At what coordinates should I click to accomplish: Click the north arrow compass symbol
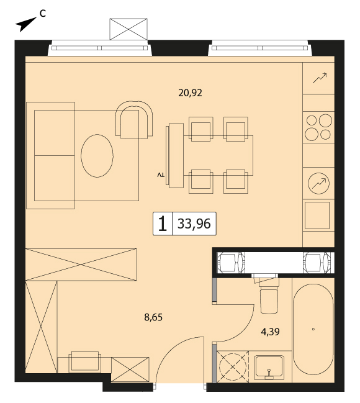pos(25,24)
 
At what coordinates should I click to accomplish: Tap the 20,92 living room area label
pos(190,93)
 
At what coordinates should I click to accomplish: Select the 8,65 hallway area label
pos(153,317)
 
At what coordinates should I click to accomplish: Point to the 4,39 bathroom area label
pos(271,332)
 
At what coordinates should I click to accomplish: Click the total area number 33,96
pos(194,224)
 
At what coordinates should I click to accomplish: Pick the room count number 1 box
pos(163,224)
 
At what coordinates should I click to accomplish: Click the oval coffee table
pos(97,156)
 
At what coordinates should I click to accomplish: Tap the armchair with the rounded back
pos(134,120)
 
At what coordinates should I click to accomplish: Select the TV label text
pos(161,175)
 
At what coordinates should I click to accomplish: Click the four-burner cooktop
pos(318,127)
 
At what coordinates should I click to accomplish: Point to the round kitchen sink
pos(318,183)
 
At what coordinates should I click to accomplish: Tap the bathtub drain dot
pos(313,329)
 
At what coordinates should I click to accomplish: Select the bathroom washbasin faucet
pos(269,374)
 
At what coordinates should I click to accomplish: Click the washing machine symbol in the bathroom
pos(233,366)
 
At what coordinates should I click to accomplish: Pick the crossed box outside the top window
pos(128,29)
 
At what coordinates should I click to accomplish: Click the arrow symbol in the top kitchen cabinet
pos(320,78)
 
